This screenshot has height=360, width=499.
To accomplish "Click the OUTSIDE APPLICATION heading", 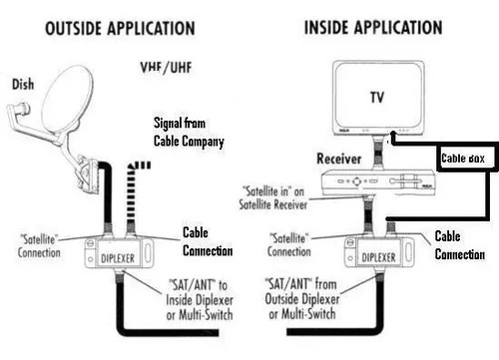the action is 120,28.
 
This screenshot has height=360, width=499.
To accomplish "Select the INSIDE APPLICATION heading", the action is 373,27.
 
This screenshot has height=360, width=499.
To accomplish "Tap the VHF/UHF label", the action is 166,68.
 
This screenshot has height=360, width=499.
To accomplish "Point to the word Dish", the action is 23,84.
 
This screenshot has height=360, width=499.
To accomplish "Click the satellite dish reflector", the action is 67,100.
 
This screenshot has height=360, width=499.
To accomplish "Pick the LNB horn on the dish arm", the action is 19,111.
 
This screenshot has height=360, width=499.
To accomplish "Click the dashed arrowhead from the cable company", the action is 140,166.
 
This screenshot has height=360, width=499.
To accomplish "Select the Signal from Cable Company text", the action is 189,132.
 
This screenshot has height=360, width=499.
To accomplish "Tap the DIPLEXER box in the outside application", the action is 119,253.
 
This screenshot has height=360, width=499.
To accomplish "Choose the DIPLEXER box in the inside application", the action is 379,252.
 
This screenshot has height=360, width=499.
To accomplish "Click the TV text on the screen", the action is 377,98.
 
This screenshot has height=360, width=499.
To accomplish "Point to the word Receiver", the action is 338,159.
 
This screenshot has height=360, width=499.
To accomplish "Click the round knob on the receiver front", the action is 356,181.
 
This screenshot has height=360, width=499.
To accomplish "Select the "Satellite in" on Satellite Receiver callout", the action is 273,198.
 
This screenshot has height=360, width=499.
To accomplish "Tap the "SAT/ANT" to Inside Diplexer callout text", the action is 200,300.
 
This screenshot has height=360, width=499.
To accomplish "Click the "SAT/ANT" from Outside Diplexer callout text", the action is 302,298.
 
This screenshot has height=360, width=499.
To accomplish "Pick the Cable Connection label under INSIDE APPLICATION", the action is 460,245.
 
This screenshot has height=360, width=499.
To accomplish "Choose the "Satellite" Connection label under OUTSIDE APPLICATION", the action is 39,245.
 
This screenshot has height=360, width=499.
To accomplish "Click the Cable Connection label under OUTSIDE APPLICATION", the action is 208,241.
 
